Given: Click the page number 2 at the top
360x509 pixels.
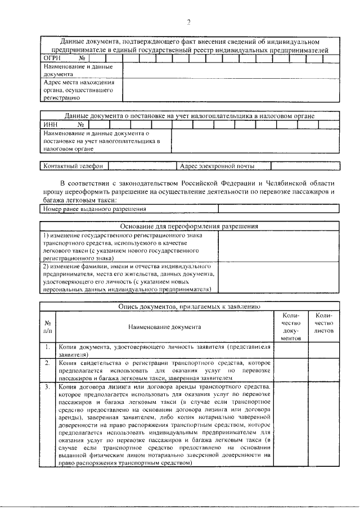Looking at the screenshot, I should click(189, 22).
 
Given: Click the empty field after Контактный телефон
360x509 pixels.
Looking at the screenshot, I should click(141, 166).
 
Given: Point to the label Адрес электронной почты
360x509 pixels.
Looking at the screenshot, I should click(217, 166).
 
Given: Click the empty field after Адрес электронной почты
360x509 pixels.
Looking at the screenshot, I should click(304, 166).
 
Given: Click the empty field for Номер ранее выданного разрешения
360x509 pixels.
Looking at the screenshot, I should click(278, 209).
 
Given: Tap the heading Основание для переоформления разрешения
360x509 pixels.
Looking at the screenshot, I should click(189, 226).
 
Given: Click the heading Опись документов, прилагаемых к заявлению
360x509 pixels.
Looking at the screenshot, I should click(189, 307).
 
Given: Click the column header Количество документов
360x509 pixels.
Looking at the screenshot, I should click(291, 327).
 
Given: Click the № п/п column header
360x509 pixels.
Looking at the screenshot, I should click(48, 326).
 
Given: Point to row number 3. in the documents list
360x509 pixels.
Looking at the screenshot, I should click(48, 388).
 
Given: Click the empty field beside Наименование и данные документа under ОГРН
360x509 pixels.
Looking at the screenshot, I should click(231, 70).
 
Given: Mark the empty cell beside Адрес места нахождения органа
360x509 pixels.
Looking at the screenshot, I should click(231, 89).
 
